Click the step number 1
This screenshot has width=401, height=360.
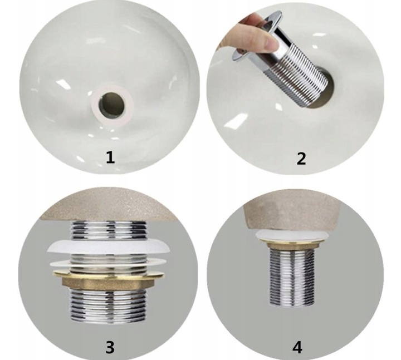(110, 157)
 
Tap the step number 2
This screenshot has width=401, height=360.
(301, 159)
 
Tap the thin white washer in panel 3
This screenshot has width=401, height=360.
(107, 263)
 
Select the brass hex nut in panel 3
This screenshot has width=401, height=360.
(108, 280)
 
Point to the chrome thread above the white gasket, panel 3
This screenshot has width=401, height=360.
(109, 230)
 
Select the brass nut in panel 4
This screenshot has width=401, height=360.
(292, 245)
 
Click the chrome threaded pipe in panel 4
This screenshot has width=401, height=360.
(292, 277)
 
